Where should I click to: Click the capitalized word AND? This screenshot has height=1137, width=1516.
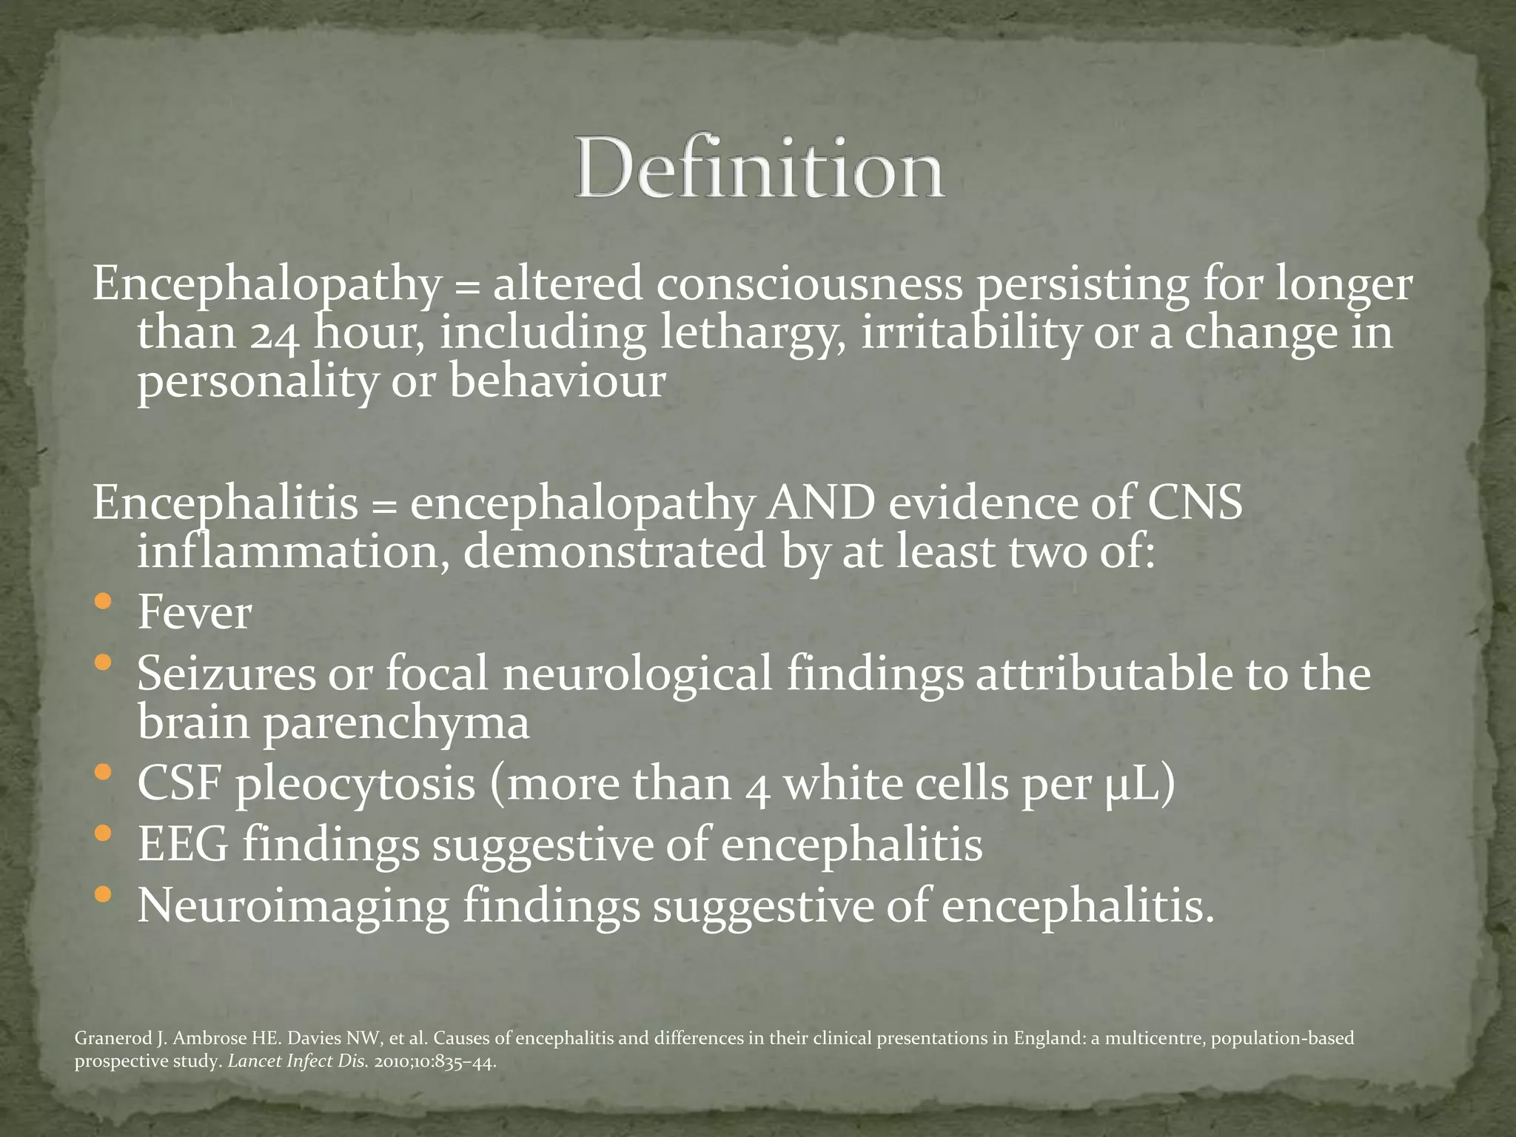coord(821,503)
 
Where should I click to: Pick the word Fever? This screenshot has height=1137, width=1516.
coord(195,613)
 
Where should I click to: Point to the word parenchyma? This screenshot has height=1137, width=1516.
coord(397,722)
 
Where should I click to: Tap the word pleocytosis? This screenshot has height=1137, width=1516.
coord(355,785)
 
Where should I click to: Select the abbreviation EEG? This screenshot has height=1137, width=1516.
coord(184,845)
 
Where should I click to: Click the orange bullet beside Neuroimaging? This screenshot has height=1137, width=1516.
coord(104,895)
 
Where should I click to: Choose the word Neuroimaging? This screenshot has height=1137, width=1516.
coord(293,906)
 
